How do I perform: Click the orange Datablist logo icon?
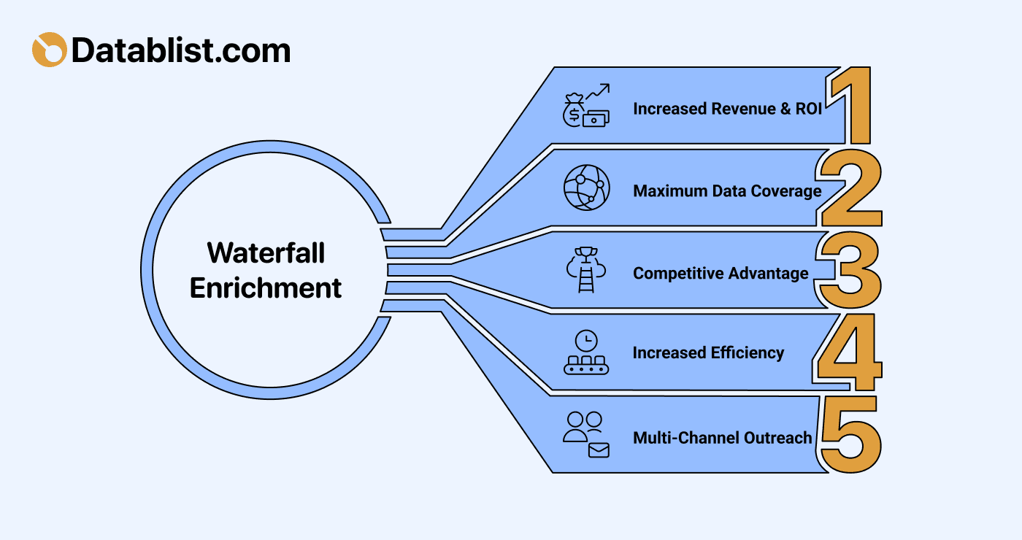pyautogui.click(x=49, y=50)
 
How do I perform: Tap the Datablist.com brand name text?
pyautogui.click(x=181, y=50)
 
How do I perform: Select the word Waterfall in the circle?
pyautogui.click(x=266, y=253)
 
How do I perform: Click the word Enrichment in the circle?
pyautogui.click(x=266, y=288)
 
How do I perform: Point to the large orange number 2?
pyautogui.click(x=851, y=188)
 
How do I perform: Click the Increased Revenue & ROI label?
pyautogui.click(x=727, y=109)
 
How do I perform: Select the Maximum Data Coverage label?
pyautogui.click(x=727, y=191)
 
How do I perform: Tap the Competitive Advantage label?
pyautogui.click(x=721, y=274)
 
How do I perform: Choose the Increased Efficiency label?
pyautogui.click(x=708, y=353)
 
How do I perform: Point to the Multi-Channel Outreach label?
pyautogui.click(x=722, y=438)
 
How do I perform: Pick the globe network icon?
pyautogui.click(x=586, y=188)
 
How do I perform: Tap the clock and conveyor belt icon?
pyautogui.click(x=586, y=352)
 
